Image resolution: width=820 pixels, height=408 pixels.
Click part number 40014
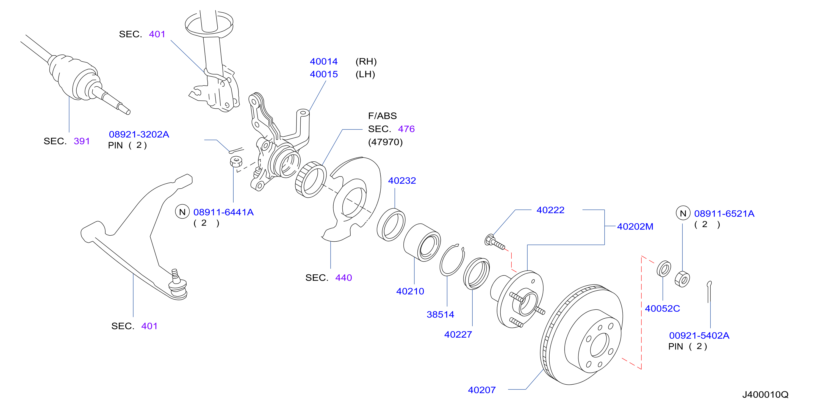pos(324,62)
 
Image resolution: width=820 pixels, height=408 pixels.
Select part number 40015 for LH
pos(324,74)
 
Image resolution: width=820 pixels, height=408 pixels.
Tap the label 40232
pos(402,181)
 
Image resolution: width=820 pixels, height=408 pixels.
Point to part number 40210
pos(410,291)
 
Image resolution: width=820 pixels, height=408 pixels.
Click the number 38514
pos(440,314)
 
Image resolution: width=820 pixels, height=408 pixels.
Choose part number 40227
pos(458,334)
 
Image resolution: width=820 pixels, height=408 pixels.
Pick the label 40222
pos(550,210)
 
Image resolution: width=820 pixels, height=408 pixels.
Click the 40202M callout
pos(635,227)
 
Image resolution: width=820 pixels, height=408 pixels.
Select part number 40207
pos(482,390)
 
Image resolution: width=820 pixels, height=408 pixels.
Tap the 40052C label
pos(663,308)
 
